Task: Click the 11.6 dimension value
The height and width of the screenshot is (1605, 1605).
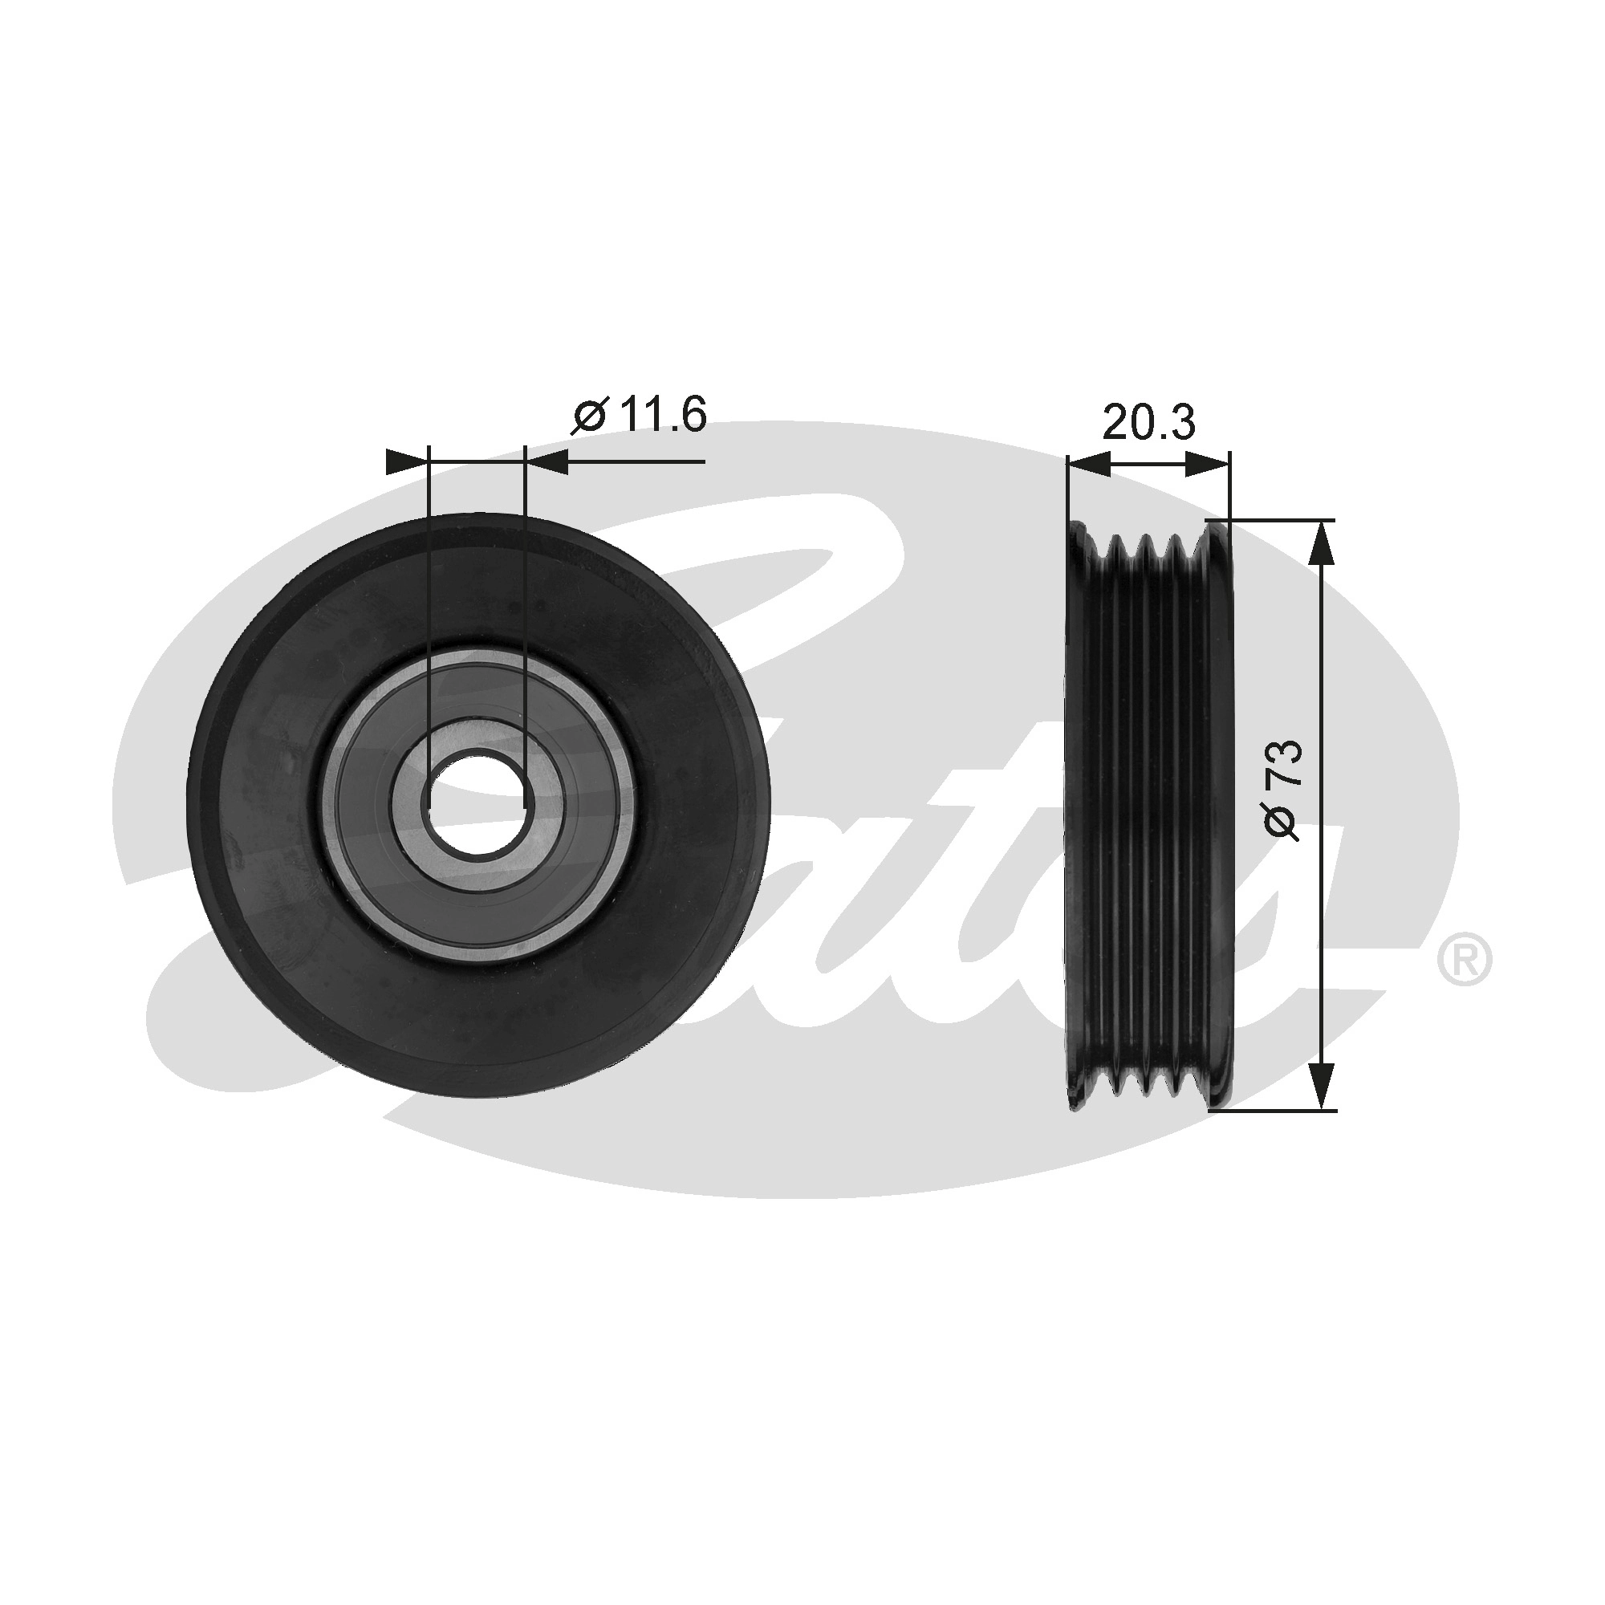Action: (x=661, y=415)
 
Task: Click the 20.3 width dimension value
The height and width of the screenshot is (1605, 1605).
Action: (x=1148, y=424)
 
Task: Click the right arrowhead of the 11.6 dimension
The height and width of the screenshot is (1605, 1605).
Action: (x=547, y=461)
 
